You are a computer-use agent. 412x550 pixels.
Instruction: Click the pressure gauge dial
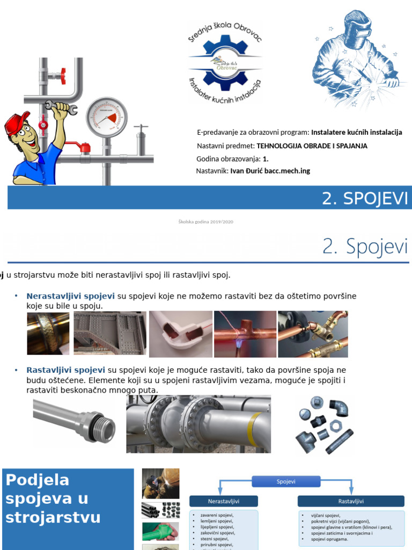click(x=107, y=117)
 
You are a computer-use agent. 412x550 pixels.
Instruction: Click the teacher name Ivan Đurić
click(x=270, y=171)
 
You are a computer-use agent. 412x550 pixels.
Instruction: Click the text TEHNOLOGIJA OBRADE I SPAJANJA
click(x=312, y=146)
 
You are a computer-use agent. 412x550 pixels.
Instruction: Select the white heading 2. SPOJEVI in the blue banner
click(x=365, y=198)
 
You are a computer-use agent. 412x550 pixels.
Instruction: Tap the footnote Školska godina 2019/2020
click(x=205, y=222)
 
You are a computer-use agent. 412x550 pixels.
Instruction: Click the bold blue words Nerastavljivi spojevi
click(x=70, y=296)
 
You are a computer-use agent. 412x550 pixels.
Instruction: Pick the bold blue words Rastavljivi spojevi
click(x=65, y=370)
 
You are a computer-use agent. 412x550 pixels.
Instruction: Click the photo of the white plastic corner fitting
click(x=180, y=334)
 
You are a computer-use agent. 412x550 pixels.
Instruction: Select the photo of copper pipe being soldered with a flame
click(x=245, y=334)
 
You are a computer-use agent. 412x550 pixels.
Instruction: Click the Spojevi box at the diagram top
click(x=286, y=482)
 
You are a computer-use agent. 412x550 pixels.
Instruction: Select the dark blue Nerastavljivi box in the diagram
click(x=224, y=501)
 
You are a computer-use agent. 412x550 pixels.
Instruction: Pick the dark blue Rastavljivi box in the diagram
click(x=351, y=501)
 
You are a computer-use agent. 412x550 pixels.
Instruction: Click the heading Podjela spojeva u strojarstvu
click(x=54, y=498)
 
